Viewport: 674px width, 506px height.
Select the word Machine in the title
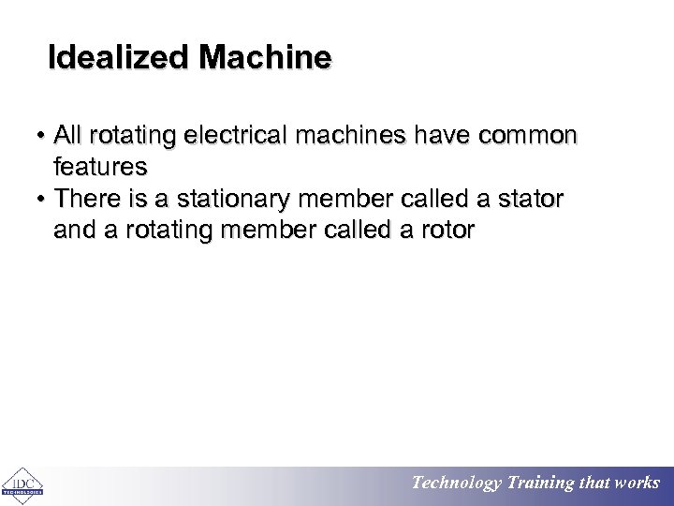[x=265, y=58]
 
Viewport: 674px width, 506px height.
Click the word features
[x=100, y=168]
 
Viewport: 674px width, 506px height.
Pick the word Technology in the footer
[x=457, y=484]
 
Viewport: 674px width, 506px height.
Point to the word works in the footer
[x=637, y=484]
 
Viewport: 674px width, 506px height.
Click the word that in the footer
[x=595, y=484]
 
